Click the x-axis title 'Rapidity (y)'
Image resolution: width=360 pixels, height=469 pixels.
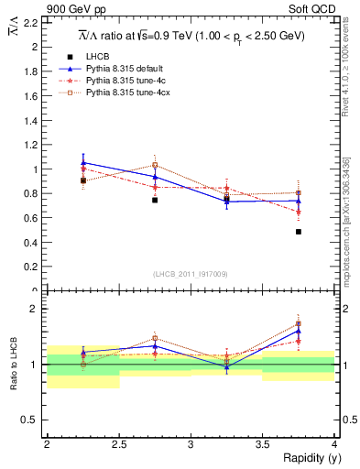point(307,458)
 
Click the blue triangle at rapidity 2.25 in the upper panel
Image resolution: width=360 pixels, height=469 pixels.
point(83,162)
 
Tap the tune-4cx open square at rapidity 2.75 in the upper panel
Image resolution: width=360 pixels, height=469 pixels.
point(155,165)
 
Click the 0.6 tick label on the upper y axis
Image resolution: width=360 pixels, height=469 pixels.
point(32,218)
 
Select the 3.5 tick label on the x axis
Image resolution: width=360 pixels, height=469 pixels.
point(262,444)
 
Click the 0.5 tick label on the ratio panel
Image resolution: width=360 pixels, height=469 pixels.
point(32,420)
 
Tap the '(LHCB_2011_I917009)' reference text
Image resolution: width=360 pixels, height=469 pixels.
point(191,274)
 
